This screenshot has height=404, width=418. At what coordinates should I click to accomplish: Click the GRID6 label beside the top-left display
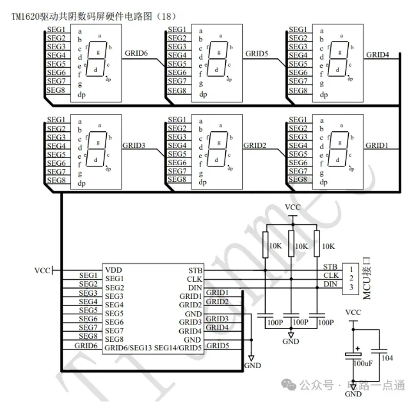click(136, 53)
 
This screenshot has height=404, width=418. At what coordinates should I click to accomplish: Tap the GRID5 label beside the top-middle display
click(257, 54)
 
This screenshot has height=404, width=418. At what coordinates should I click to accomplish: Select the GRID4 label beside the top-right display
click(378, 54)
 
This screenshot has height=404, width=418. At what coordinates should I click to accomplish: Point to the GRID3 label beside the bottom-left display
click(134, 145)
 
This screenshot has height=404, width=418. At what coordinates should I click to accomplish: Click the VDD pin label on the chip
click(113, 270)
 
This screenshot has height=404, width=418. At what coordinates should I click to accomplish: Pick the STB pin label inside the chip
click(195, 270)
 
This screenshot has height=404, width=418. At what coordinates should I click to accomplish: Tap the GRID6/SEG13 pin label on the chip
click(128, 348)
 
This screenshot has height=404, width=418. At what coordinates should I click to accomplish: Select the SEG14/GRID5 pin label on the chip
click(178, 348)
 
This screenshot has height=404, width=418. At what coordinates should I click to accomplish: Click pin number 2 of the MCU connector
click(351, 278)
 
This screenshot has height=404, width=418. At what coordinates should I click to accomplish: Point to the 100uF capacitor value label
click(363, 364)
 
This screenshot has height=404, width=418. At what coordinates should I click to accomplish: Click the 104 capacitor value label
click(387, 358)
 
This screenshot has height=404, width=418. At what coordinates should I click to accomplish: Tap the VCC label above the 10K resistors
click(293, 207)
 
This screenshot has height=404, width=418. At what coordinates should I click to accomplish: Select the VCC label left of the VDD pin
click(42, 270)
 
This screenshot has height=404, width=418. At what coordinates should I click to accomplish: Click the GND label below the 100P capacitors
click(291, 341)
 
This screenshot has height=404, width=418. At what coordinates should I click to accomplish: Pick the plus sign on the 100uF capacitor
click(357, 348)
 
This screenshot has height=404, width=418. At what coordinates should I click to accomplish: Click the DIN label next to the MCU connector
click(330, 284)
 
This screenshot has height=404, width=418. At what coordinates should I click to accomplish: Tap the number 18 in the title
click(166, 16)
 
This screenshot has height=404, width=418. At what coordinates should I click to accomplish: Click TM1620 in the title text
click(26, 17)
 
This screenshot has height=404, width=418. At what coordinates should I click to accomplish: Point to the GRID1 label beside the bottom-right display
click(376, 145)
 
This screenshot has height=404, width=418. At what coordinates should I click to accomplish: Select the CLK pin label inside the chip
click(195, 279)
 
